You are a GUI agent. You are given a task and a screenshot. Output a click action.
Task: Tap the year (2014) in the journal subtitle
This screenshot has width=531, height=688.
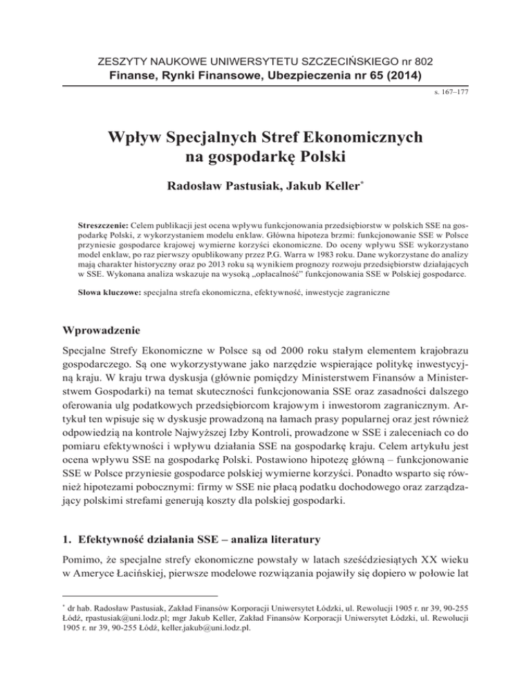pyautogui.click(x=402, y=75)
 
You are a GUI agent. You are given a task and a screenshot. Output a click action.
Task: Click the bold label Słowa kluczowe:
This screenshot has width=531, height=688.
pyautogui.click(x=111, y=293)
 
